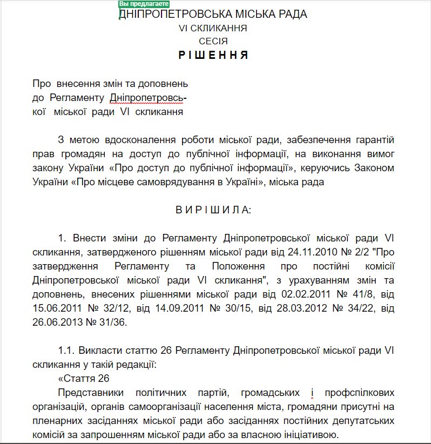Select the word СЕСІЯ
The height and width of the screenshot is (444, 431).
213,41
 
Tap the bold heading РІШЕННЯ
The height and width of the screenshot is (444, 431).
213,55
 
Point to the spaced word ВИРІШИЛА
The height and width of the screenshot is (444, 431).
213,210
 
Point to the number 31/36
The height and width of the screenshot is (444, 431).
111,322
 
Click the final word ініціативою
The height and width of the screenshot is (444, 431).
306,435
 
